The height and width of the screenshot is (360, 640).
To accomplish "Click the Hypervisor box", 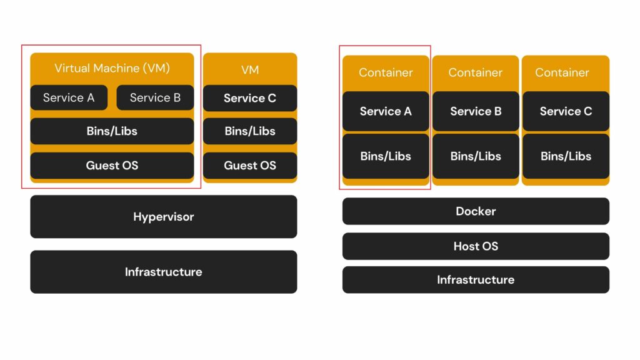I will tap(163, 217).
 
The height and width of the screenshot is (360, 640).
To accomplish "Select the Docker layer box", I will tap(476, 211).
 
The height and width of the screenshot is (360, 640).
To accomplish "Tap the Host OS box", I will tap(476, 246).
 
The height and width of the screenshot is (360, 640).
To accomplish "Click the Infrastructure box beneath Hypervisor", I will tap(163, 272).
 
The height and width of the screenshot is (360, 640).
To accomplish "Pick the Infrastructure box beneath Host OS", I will tap(476, 280).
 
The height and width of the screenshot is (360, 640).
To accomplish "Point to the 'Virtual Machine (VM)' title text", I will tap(112, 68).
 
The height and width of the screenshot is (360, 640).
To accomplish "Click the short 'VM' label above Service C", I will tap(250, 70).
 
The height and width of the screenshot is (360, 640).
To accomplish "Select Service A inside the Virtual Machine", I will tap(69, 97).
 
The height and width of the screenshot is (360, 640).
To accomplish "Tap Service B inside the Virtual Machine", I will tap(155, 97).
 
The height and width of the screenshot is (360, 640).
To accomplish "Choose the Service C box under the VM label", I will tap(250, 98).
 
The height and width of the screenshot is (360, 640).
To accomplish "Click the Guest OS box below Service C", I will tap(250, 166).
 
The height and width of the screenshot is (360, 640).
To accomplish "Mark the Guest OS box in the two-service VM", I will tap(112, 166).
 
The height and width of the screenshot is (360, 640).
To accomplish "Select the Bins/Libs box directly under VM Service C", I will tap(250, 131).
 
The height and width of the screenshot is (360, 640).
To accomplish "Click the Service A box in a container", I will tap(386, 111).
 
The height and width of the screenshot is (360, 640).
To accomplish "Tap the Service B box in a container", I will tap(476, 111).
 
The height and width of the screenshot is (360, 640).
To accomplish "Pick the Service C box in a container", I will tap(566, 111).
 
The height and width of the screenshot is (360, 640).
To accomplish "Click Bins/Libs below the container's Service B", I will tap(476, 156).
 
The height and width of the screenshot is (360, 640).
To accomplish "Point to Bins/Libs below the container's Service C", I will tap(566, 156).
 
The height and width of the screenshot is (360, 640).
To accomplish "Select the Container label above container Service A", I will tap(386, 72).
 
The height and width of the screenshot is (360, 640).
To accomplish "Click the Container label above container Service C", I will tap(562, 72).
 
